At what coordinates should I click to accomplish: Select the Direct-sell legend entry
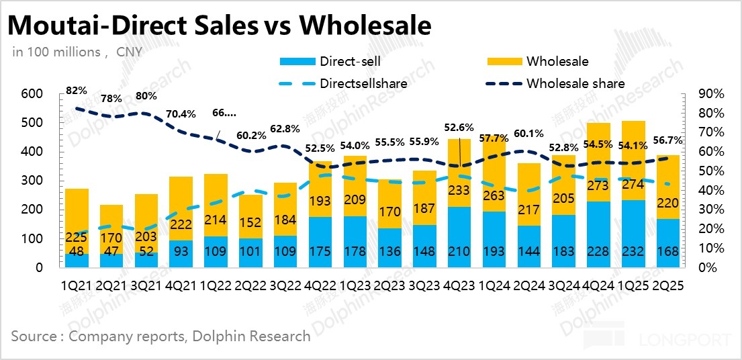pos(350,62)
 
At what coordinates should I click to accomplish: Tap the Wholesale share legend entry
pos(575,84)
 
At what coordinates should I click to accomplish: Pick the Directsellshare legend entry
pos(363,84)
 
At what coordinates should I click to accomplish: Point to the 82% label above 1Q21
pos(77,91)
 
